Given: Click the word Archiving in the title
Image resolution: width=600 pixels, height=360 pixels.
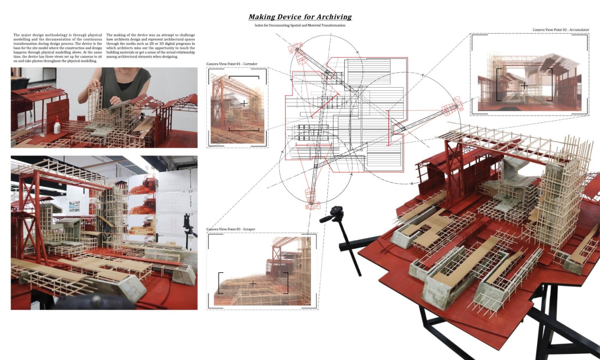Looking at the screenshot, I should tap(334, 17).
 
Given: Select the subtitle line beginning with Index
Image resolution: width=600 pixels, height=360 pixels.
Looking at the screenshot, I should tap(300, 25).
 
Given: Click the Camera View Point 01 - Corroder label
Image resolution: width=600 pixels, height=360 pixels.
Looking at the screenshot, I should tap(232, 64).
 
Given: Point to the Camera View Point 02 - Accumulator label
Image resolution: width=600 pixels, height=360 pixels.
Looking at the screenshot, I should tap(561, 30).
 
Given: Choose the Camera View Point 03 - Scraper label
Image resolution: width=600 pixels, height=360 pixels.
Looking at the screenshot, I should tap(231, 229).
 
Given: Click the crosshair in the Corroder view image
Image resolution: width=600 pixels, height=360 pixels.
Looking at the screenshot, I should tap(244, 103).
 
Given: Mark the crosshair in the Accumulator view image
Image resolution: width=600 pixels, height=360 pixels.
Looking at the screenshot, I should tap(524, 86).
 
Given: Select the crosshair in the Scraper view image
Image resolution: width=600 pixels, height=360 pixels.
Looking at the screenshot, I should tap(253, 283).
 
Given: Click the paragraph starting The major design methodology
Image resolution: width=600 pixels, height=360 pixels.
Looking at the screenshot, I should tap(57, 48).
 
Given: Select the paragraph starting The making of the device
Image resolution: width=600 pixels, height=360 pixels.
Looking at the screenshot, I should tap(150, 46).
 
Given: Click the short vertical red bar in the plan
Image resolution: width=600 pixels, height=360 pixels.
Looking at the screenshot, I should tap(388, 127).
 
